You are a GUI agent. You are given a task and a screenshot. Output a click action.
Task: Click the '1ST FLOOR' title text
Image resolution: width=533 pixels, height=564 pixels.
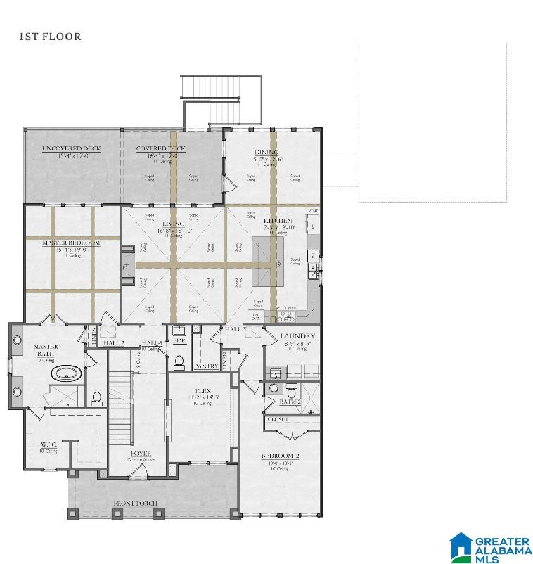click(50, 37)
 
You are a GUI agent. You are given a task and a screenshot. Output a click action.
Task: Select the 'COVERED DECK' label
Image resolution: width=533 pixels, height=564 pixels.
click(160, 148)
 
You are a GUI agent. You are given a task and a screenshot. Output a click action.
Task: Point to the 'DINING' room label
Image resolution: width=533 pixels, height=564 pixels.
click(266, 153)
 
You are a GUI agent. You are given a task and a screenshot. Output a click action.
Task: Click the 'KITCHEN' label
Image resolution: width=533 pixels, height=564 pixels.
click(276, 221)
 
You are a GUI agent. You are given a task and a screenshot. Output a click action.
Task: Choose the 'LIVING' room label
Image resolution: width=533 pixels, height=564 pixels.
click(173, 224)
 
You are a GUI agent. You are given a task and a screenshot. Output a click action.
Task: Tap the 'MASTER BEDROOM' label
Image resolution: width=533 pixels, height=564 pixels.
click(71, 243)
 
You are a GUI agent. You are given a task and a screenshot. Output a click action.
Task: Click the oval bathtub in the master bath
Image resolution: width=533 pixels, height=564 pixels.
click(65, 371)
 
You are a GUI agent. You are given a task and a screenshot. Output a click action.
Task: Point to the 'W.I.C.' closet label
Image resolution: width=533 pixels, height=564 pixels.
click(49, 444)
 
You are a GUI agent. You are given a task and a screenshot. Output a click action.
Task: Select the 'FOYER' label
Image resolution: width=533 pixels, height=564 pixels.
click(141, 454)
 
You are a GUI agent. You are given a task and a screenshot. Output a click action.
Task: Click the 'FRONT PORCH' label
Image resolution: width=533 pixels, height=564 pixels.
click(136, 504)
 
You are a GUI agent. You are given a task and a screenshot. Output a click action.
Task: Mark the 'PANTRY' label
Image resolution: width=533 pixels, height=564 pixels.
click(205, 366)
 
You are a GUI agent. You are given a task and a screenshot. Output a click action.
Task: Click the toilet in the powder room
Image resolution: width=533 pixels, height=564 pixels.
click(179, 361)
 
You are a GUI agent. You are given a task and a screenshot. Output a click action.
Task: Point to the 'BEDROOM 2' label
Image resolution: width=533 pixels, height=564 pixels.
click(280, 456)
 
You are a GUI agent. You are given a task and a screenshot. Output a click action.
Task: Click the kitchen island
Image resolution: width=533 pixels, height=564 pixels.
click(268, 261)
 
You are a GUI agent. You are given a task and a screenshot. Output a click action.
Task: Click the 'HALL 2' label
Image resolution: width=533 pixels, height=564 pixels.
click(114, 343)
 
